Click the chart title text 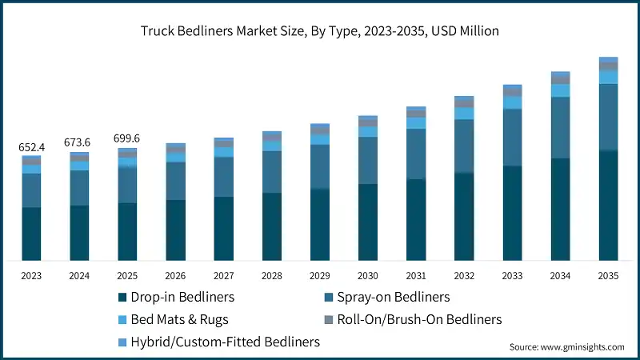tap(319, 32)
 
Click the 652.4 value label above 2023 tap(32, 147)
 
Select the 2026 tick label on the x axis tap(176, 275)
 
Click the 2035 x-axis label tap(608, 275)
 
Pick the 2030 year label tap(368, 275)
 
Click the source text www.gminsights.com tap(566, 346)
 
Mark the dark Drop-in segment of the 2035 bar tap(608, 205)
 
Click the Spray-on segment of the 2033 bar tap(512, 137)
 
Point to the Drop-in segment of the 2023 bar tap(32, 234)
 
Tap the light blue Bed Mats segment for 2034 tap(560, 90)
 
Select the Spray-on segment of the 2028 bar tap(272, 171)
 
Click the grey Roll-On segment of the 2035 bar tap(608, 66)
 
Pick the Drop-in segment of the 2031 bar tap(416, 219)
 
